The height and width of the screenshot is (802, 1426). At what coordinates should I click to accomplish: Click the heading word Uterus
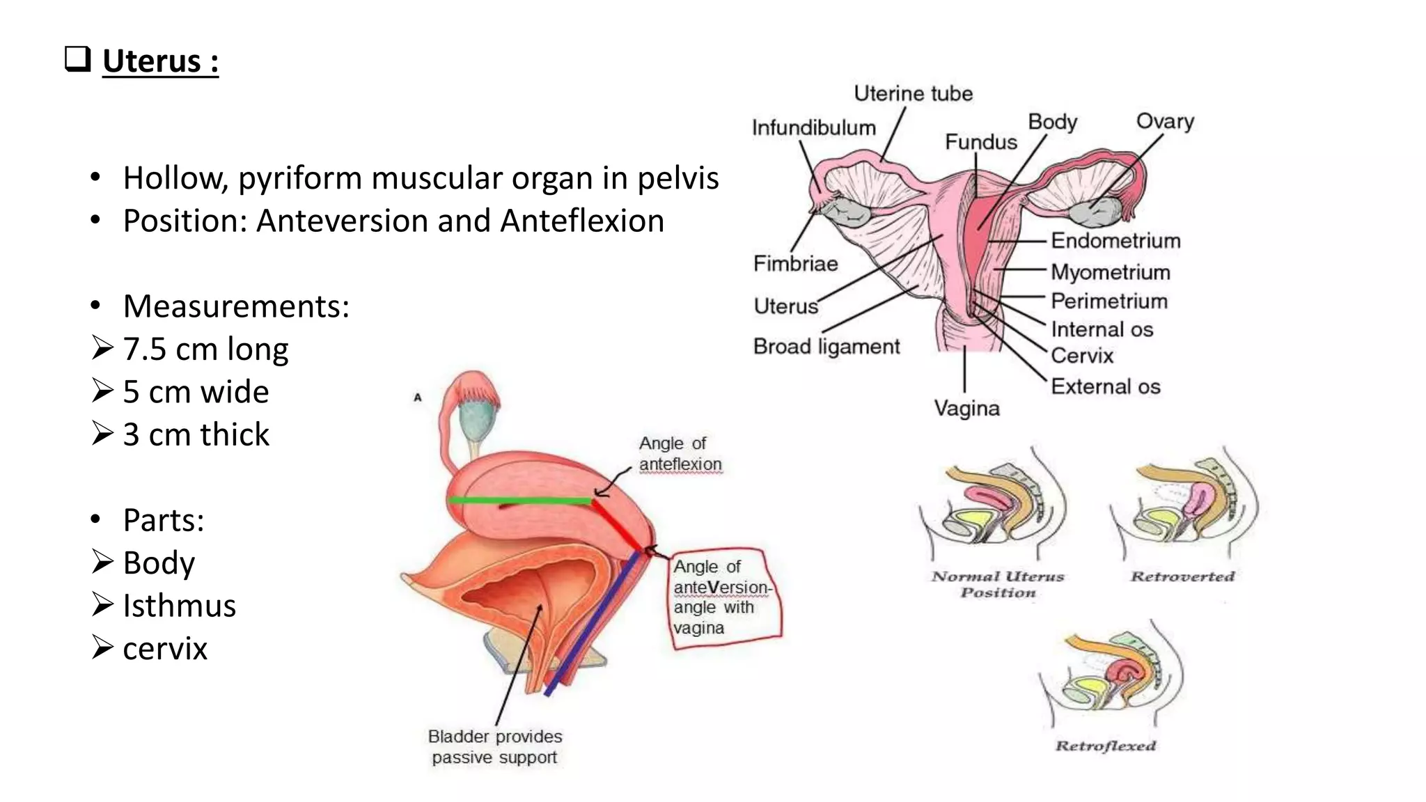[x=152, y=61]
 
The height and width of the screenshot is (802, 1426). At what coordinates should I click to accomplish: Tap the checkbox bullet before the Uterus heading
[x=77, y=59]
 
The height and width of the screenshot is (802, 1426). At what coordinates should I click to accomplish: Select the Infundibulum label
[x=813, y=128]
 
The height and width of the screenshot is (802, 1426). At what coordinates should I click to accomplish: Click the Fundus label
[x=980, y=142]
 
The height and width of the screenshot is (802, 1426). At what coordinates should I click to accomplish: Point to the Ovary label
[x=1164, y=121]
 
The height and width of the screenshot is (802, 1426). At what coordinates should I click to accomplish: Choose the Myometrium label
[x=1110, y=272]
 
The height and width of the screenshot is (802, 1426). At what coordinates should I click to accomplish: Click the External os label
[x=1105, y=386]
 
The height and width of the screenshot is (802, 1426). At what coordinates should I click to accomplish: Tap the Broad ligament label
[x=826, y=346]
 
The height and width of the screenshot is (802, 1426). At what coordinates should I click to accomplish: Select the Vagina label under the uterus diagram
[x=966, y=408]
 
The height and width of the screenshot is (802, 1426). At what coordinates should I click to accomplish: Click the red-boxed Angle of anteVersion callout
[x=724, y=597]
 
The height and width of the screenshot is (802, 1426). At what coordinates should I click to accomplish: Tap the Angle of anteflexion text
[x=680, y=454]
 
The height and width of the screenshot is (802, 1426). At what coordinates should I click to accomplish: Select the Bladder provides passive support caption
[x=494, y=746]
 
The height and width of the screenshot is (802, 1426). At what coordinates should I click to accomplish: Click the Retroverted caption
[x=1182, y=576]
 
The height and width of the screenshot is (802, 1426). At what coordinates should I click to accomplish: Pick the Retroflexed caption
[x=1105, y=746]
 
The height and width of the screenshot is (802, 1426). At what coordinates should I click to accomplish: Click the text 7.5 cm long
[x=205, y=349]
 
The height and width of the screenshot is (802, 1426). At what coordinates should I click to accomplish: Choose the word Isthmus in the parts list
[x=179, y=606]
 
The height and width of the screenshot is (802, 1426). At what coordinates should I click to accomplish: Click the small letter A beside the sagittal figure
[x=418, y=398]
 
